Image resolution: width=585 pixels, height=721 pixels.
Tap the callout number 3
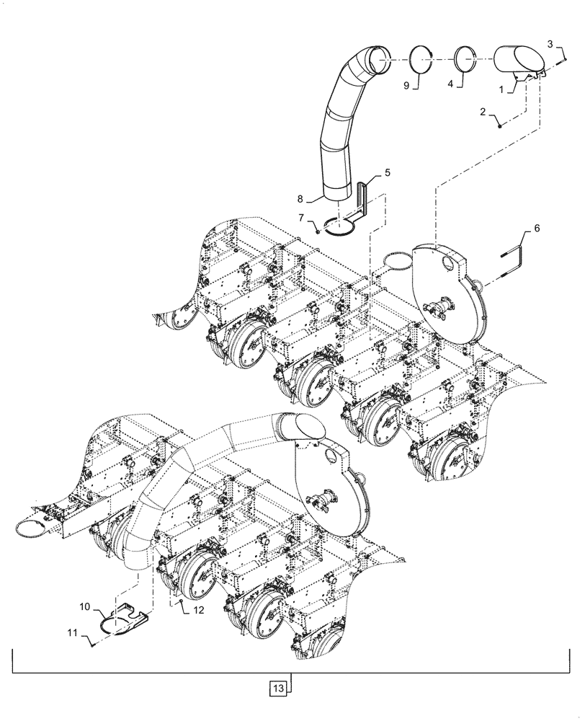click(x=550, y=45)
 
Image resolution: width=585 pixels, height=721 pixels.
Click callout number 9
click(x=406, y=85)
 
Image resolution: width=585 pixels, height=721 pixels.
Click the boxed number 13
click(x=280, y=687)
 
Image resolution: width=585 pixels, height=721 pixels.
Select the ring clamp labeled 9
click(x=421, y=57)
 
